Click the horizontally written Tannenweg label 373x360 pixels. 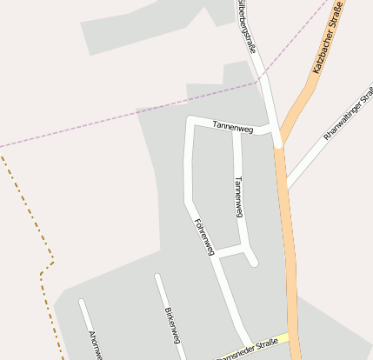coord(232,128)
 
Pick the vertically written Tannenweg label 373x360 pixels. coord(240,196)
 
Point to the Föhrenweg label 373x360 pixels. coord(205,235)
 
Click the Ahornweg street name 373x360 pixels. coord(96,344)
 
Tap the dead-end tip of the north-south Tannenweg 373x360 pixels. coord(254,262)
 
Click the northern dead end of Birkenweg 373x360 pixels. coord(157,277)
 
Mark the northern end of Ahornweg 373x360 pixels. coord(81,302)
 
